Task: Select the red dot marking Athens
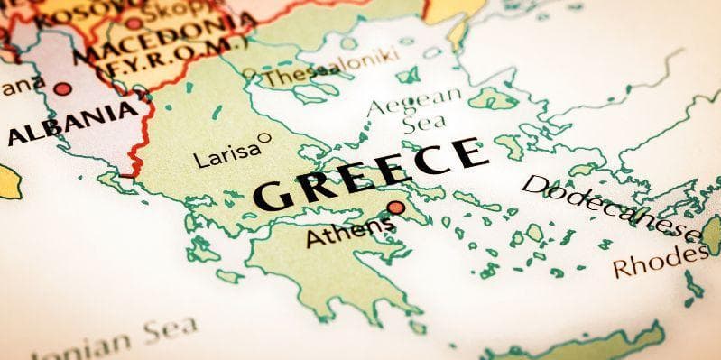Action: [x=394, y=208]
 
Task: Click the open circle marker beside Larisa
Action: [x=263, y=138]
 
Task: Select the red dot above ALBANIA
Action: [x=62, y=88]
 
